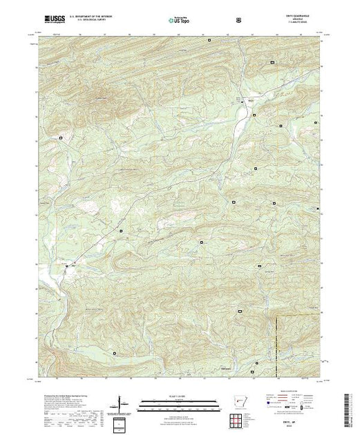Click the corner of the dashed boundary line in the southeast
coord(278,317)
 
